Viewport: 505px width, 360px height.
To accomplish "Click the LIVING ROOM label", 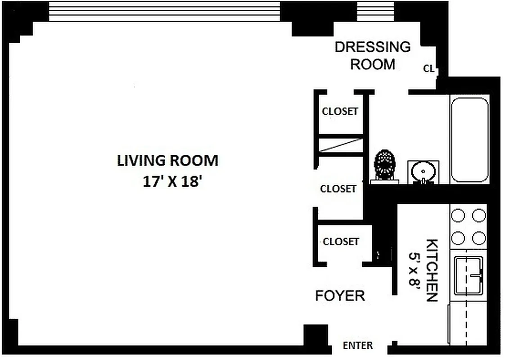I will pyautogui.click(x=167, y=161).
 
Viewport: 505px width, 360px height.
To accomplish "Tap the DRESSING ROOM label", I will pyautogui.click(x=373, y=55).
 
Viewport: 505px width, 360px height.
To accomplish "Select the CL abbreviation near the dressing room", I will pyautogui.click(x=428, y=69).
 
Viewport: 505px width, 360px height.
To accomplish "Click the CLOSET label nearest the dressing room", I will pyautogui.click(x=340, y=111).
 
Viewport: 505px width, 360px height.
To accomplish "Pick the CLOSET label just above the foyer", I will pyautogui.click(x=341, y=242).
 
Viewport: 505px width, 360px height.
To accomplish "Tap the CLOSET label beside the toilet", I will pyautogui.click(x=338, y=189).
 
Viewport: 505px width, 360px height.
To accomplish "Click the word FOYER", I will pyautogui.click(x=340, y=296).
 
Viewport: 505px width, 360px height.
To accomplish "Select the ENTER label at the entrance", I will pyautogui.click(x=358, y=346).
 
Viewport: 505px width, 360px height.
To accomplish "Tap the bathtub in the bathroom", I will pyautogui.click(x=469, y=139).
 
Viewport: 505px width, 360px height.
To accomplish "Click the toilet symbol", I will pyautogui.click(x=385, y=165).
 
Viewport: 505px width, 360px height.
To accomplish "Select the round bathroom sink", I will pyautogui.click(x=423, y=172).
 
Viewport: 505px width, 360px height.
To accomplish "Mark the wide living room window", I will pyautogui.click(x=164, y=11).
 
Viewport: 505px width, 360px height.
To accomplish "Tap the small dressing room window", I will pyautogui.click(x=375, y=11).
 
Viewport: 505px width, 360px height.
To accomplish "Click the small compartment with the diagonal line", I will pyautogui.click(x=341, y=145).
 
